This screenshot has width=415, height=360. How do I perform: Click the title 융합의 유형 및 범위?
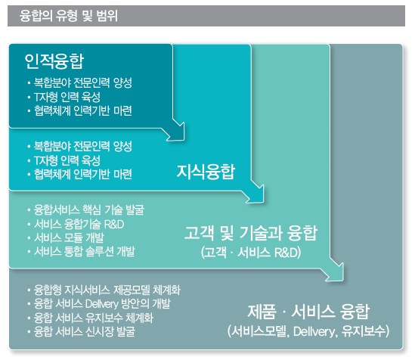tap(69, 16)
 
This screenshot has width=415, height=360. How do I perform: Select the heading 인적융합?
tap(54, 61)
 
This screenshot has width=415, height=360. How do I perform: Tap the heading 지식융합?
tap(206, 172)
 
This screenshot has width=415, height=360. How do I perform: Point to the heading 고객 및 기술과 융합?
tap(251, 233)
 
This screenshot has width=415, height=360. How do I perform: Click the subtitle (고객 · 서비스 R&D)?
tap(251, 253)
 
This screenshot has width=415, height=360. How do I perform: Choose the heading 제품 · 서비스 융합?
tap(308, 312)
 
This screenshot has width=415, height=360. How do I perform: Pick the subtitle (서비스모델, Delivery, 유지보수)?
tap(308, 331)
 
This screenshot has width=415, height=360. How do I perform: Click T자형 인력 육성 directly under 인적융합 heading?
tap(67, 97)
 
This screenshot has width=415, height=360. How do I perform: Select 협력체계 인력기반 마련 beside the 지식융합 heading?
tap(83, 174)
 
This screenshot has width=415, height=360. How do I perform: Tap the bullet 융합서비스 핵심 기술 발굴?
tap(89, 210)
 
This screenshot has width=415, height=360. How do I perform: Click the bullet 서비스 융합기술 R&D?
tap(79, 224)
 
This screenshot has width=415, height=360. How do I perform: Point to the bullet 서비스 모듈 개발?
tap(69, 237)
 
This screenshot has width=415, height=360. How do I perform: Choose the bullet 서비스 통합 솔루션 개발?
tap(85, 251)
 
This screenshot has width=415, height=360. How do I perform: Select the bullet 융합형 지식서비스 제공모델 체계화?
tap(107, 290)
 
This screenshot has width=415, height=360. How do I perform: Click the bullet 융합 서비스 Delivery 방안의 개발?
tap(102, 303)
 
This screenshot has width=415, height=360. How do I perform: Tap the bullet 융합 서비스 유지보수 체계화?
tap(94, 318)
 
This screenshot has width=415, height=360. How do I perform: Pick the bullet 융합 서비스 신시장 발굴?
tap(85, 331)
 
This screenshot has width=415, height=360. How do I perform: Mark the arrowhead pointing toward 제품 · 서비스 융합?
tap(336, 272)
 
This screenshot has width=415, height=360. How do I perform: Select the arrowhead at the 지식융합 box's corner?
tap(256, 194)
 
